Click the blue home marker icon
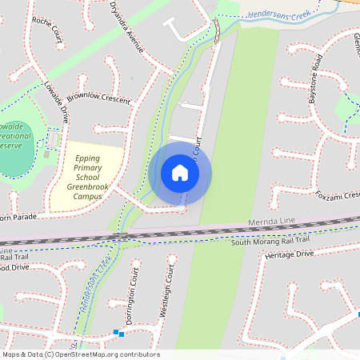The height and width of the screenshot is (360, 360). click(180, 173)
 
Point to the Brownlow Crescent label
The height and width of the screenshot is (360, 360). click(98, 98)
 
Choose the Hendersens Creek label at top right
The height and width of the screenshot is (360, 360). click(278, 14)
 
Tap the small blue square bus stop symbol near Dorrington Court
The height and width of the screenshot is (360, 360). click(117, 332)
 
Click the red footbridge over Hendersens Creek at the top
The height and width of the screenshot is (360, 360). click(216, 30)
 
